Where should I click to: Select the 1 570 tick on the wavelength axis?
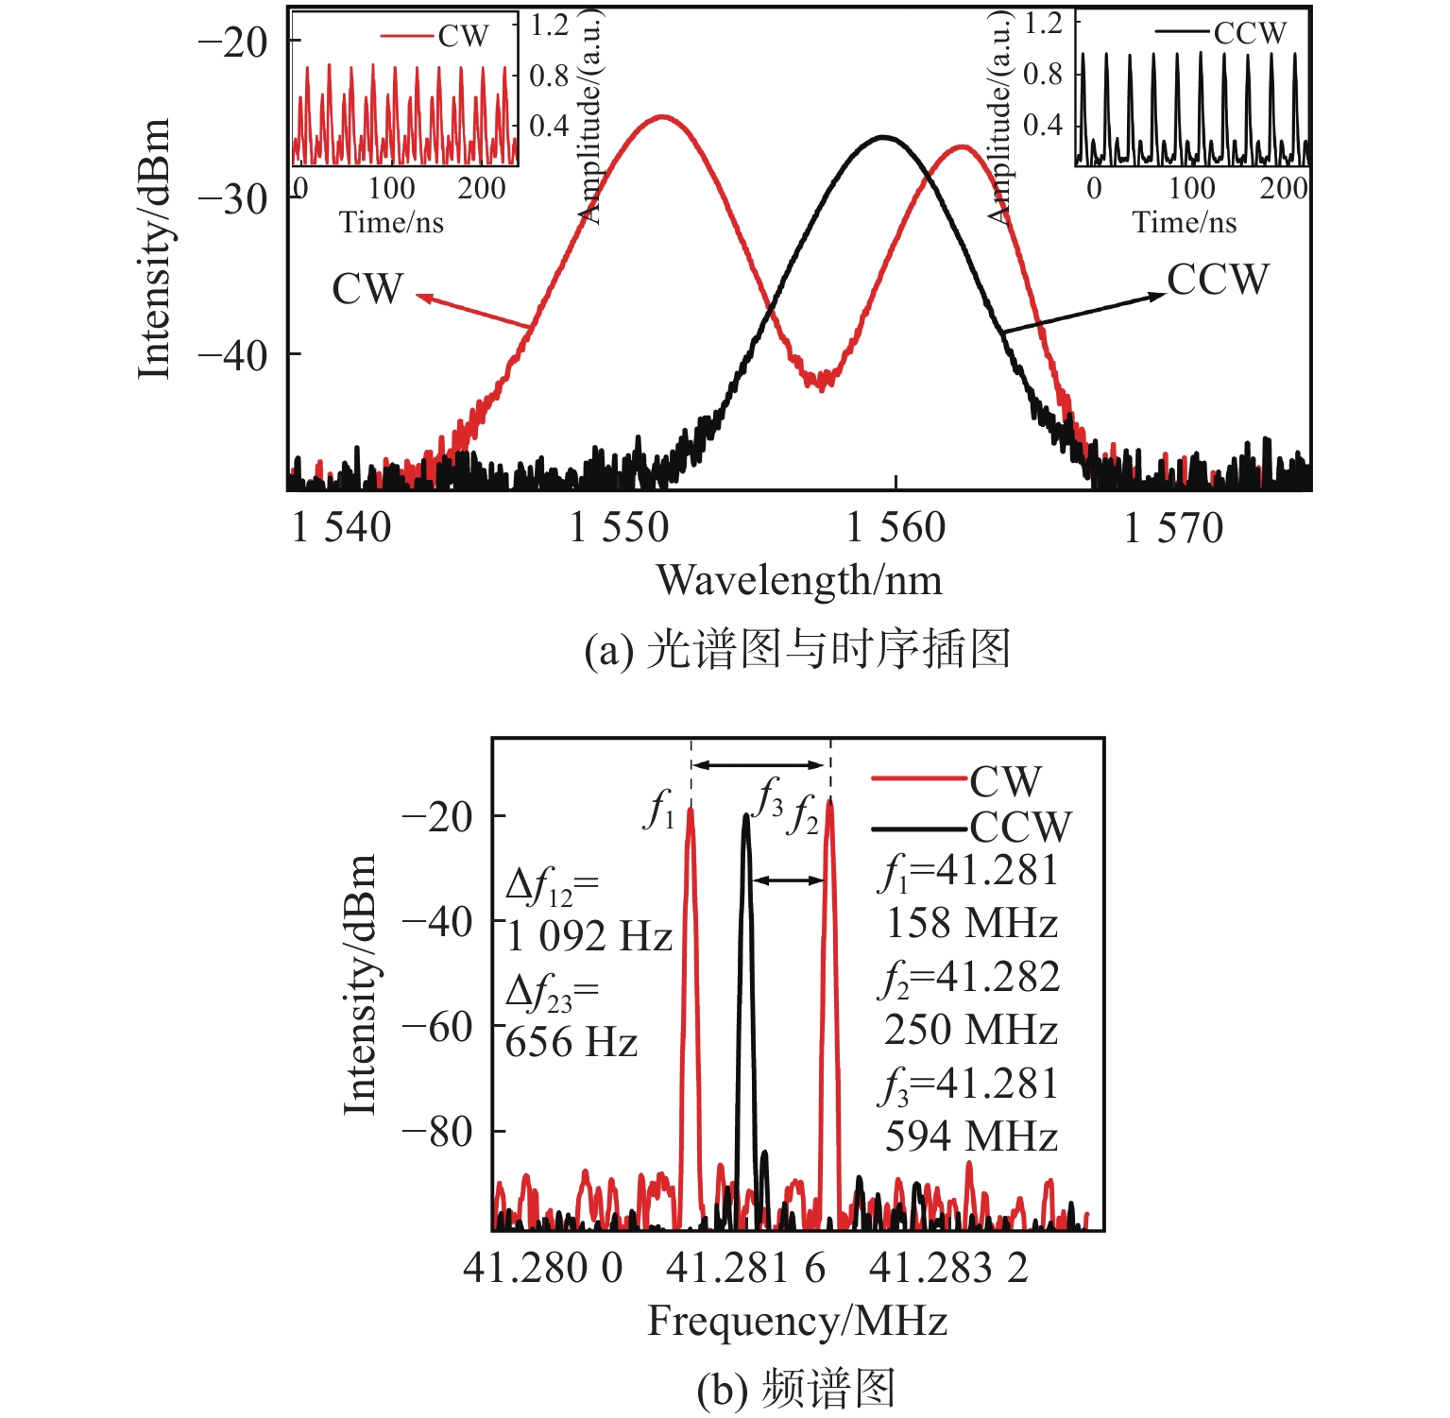coord(1173,528)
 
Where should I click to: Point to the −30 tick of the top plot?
coord(233,198)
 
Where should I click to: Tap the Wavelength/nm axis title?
coord(799,580)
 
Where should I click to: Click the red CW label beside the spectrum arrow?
coord(367,289)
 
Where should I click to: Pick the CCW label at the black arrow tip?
coord(1218,280)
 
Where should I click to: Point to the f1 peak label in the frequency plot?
coord(659,811)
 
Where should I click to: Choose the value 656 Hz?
coord(571,1043)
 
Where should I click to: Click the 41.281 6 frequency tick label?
coord(745,1268)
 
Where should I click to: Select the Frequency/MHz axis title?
coord(797,1321)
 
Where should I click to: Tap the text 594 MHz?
coord(971,1136)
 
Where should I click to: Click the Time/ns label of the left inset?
coord(391,222)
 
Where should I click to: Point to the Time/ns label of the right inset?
coord(1185,222)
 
